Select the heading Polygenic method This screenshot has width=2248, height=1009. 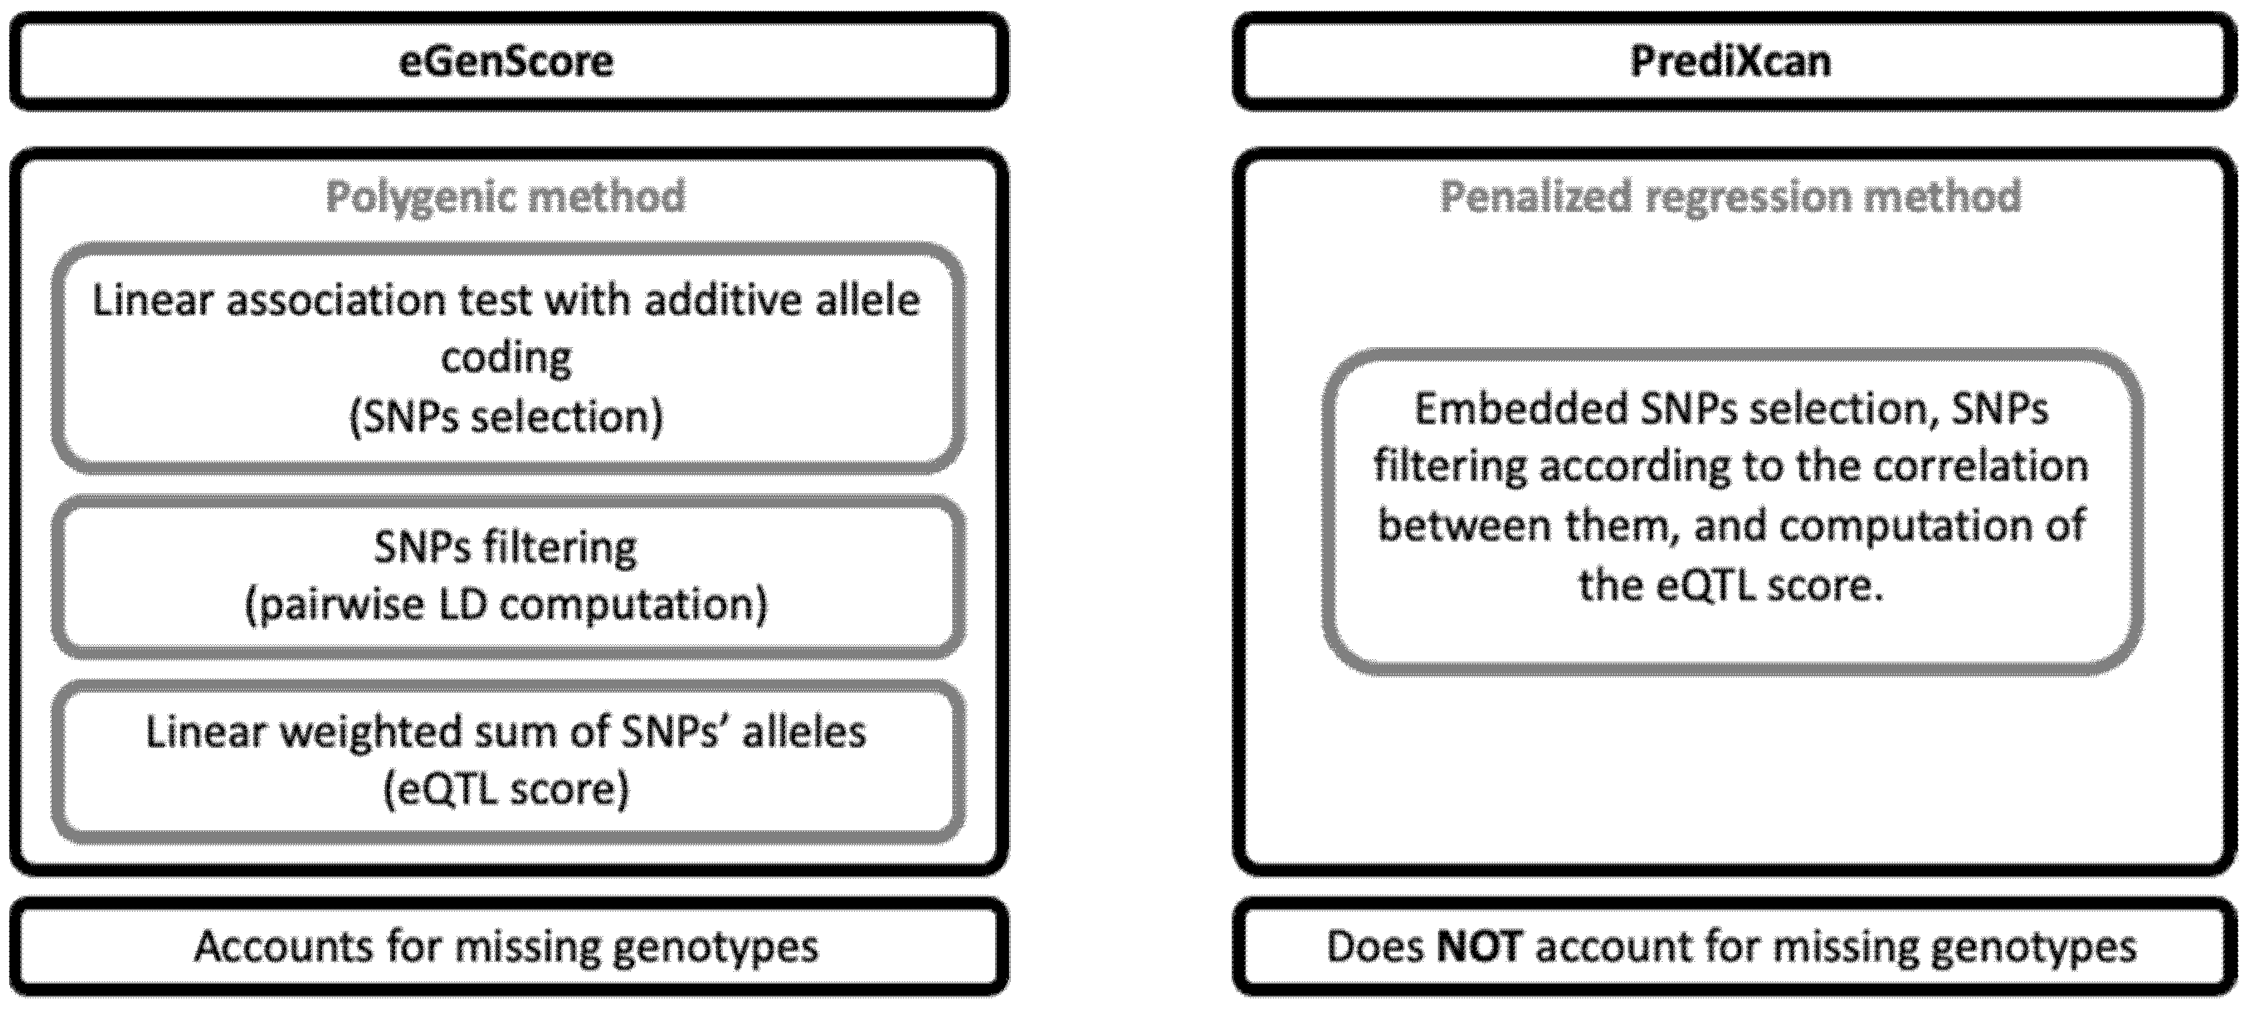[x=506, y=196]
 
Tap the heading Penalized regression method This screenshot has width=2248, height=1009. [x=1730, y=196]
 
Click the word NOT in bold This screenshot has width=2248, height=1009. [x=1480, y=946]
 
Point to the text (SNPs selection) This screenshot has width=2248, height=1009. [x=506, y=416]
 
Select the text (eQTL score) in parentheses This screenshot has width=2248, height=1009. [x=506, y=789]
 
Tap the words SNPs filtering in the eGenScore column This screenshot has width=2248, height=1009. [x=506, y=548]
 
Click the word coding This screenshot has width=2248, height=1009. [x=506, y=358]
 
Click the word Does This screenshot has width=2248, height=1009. [x=1374, y=946]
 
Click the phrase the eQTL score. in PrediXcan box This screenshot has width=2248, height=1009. [x=1730, y=586]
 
